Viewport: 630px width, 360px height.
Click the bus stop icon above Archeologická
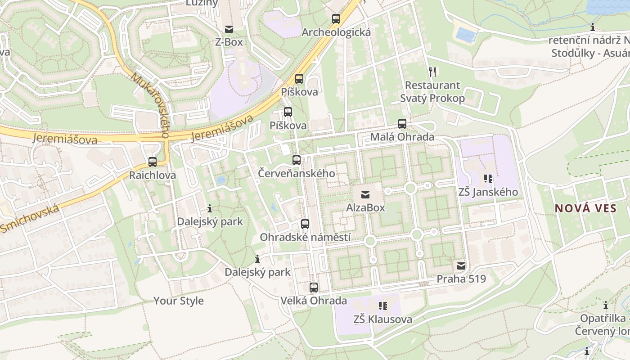pyautogui.click(x=336, y=19)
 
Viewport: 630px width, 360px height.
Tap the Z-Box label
pyautogui.click(x=229, y=42)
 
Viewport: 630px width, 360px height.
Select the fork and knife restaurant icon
pyautogui.click(x=433, y=72)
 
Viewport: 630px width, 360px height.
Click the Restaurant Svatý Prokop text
pyautogui.click(x=432, y=92)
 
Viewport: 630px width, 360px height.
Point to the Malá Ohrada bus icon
pyautogui.click(x=402, y=124)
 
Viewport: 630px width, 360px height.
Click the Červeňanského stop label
pyautogui.click(x=297, y=173)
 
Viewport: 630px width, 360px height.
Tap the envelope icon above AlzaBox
pyautogui.click(x=365, y=195)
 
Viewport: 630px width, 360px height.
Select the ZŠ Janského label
pyautogui.click(x=488, y=192)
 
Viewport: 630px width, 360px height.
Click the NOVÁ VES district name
pyautogui.click(x=585, y=208)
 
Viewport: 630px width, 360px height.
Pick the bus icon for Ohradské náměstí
pyautogui.click(x=305, y=224)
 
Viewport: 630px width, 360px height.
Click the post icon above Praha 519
pyautogui.click(x=461, y=266)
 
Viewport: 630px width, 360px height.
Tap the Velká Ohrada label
pyautogui.click(x=314, y=301)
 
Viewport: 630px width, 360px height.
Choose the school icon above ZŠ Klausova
pyautogui.click(x=383, y=306)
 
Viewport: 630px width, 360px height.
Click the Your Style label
pyautogui.click(x=179, y=301)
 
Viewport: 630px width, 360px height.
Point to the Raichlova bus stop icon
pyautogui.click(x=153, y=162)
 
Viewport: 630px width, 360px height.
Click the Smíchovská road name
pyautogui.click(x=30, y=219)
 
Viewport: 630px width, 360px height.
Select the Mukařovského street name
pyautogui.click(x=150, y=104)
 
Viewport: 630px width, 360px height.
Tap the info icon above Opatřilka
pyautogui.click(x=606, y=305)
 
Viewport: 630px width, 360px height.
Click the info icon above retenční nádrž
pyautogui.click(x=593, y=27)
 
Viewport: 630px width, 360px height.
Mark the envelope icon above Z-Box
pyautogui.click(x=229, y=29)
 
